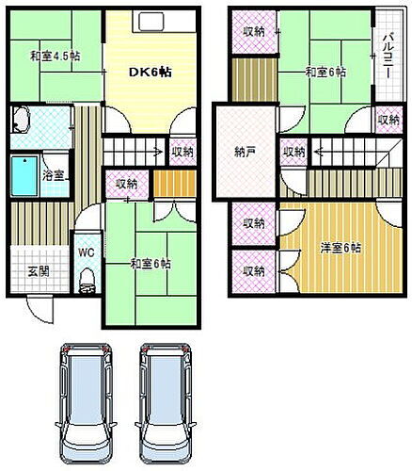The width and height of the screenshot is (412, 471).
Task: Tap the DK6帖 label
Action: click(149, 72)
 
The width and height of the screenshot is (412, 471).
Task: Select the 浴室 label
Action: click(54, 174)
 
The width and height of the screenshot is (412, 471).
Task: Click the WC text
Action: click(86, 252)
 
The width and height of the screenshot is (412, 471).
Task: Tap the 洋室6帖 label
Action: click(341, 249)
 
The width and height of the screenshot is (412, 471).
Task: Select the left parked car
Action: click(86, 400)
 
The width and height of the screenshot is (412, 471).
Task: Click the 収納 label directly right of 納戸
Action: click(293, 152)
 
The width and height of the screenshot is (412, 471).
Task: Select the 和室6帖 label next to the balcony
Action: click(325, 72)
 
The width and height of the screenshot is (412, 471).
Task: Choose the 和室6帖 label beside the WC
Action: click(151, 264)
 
